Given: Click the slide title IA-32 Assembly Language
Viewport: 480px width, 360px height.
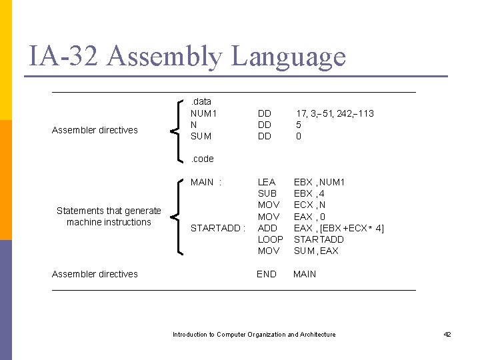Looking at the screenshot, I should pos(187,57).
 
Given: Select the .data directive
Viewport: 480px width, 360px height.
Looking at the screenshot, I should pos(201,102).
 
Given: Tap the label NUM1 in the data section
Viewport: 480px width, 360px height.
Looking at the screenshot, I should pos(204,113).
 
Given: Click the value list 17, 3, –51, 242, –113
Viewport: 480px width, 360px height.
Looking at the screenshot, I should pos(335,113).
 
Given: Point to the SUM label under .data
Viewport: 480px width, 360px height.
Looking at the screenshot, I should pos(201,136).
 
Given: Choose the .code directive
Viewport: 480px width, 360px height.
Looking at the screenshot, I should pos(202,159).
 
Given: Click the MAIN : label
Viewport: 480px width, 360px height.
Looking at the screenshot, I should pos(206,182).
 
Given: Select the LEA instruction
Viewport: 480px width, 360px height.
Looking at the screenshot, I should pos(267,182).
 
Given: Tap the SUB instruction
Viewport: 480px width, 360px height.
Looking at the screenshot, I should pos(267,193).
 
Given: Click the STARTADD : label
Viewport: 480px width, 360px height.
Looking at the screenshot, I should pos(218,228).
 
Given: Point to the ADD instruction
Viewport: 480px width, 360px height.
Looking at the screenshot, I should pos(267,228).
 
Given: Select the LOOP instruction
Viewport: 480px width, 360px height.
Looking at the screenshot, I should pos(270,239).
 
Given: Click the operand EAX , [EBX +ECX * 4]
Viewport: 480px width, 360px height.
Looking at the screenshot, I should pos(339,228).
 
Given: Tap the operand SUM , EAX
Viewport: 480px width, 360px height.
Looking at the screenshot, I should pos(316,251).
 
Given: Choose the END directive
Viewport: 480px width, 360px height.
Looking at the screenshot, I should pos(267,274).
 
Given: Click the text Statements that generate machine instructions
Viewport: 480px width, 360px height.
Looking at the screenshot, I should pos(109,217).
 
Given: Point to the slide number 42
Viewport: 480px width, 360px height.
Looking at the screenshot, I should pos(447,334).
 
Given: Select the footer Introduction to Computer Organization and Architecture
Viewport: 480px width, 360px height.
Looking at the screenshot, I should pos(254,334).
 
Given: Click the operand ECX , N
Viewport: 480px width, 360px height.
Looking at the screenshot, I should pos(311,205).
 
